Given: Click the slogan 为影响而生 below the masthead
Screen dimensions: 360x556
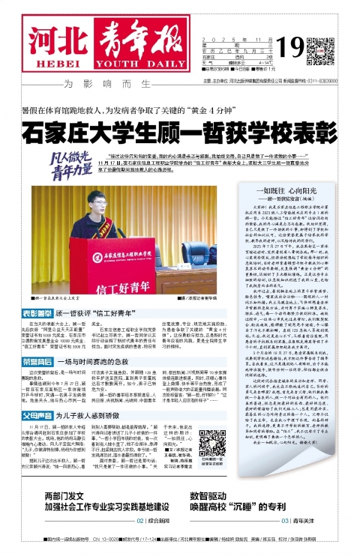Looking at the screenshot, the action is coord(115,82).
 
